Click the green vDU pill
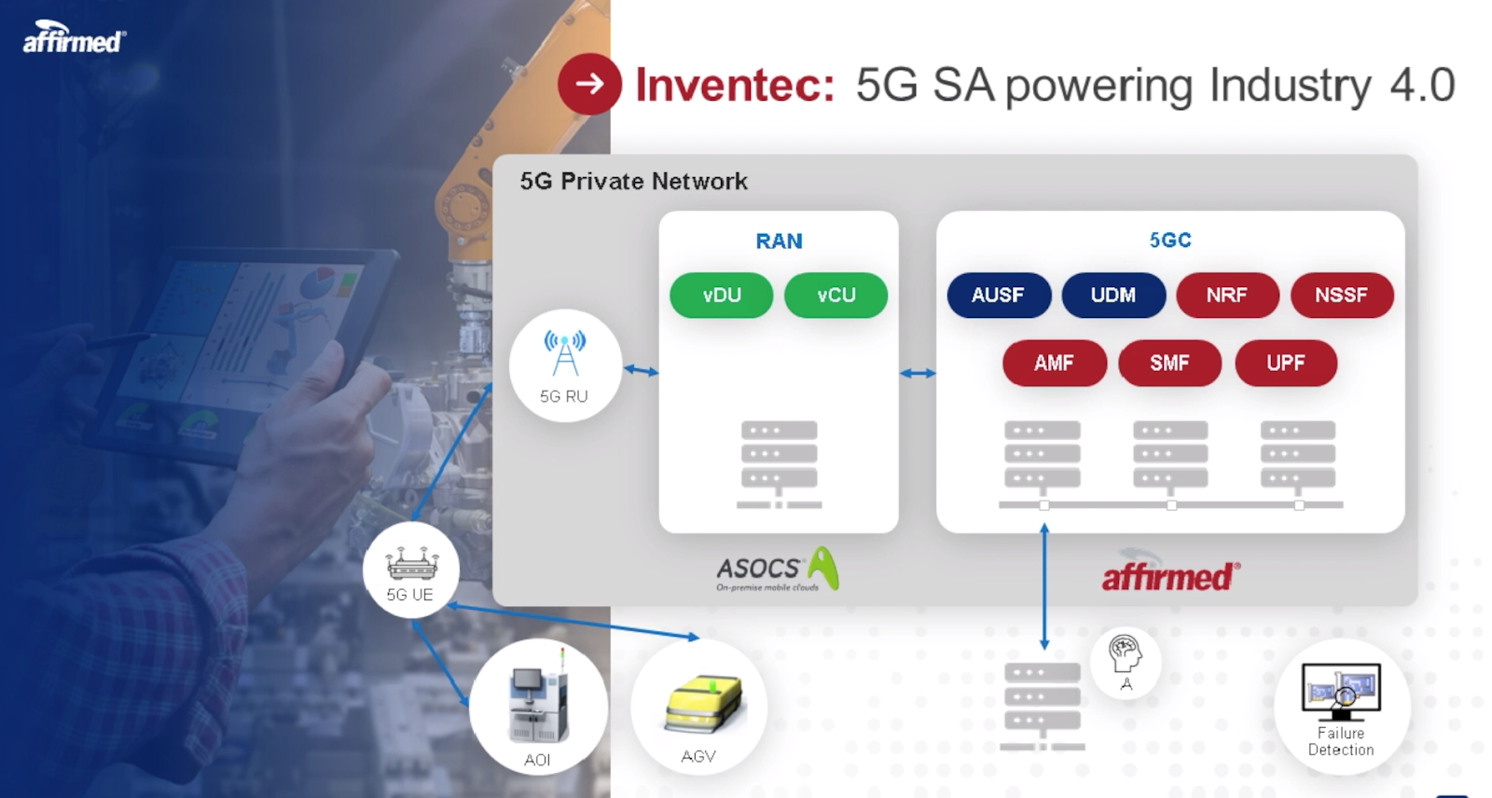point(722,296)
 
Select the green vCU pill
point(836,296)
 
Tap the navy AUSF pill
point(998,296)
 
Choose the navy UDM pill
point(1113,296)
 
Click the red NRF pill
point(1226,296)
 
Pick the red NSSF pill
point(1341,296)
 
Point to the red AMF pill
point(1054,364)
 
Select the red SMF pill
point(1169,364)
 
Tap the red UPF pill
point(1285,364)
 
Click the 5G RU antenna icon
point(565,354)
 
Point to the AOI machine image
point(538,705)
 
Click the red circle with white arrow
point(589,85)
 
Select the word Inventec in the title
point(735,86)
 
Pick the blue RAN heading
point(779,241)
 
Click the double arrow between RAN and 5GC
point(918,374)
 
